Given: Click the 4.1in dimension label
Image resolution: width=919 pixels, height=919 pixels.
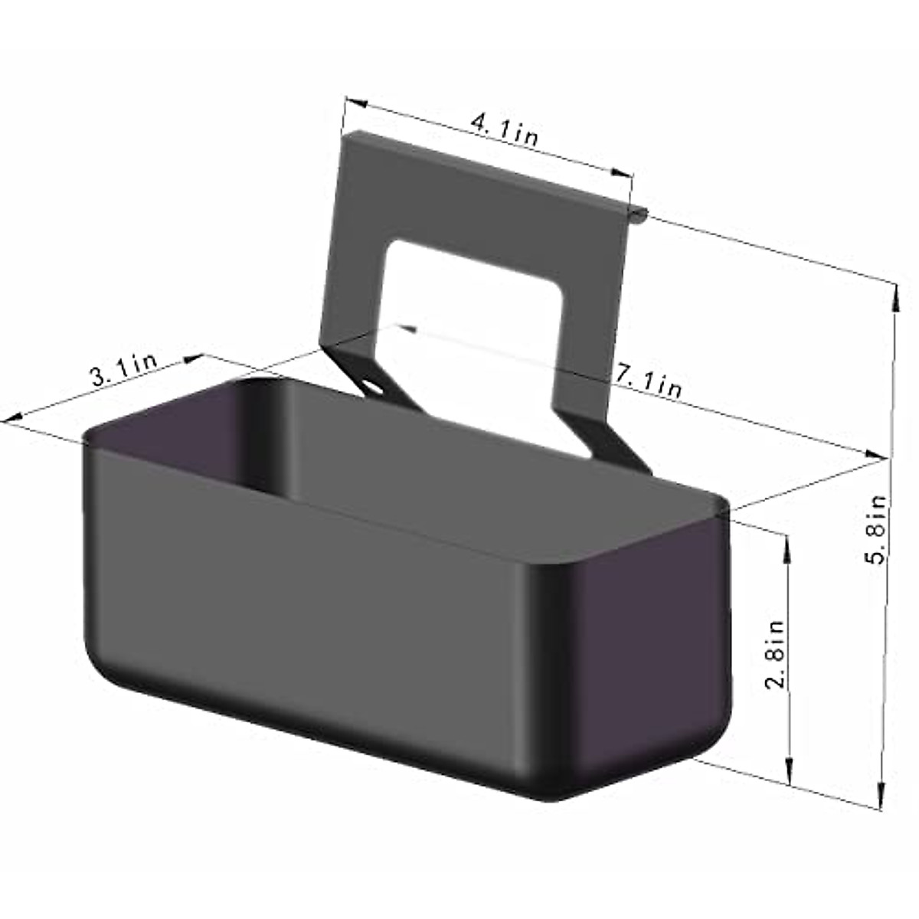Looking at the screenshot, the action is click(504, 130).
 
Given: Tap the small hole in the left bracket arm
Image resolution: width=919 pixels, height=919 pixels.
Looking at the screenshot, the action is click(374, 387).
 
